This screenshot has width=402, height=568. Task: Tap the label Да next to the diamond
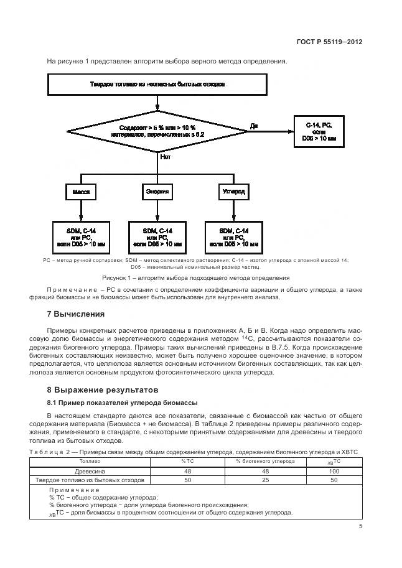point(254,126)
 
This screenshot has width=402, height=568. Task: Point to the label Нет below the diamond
point(166,157)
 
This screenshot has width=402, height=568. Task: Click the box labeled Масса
point(81,192)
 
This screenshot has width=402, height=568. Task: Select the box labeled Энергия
point(157,192)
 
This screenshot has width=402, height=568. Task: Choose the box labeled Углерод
point(234,192)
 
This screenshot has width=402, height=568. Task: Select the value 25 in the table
point(265,480)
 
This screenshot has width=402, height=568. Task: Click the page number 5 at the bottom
point(360,526)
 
